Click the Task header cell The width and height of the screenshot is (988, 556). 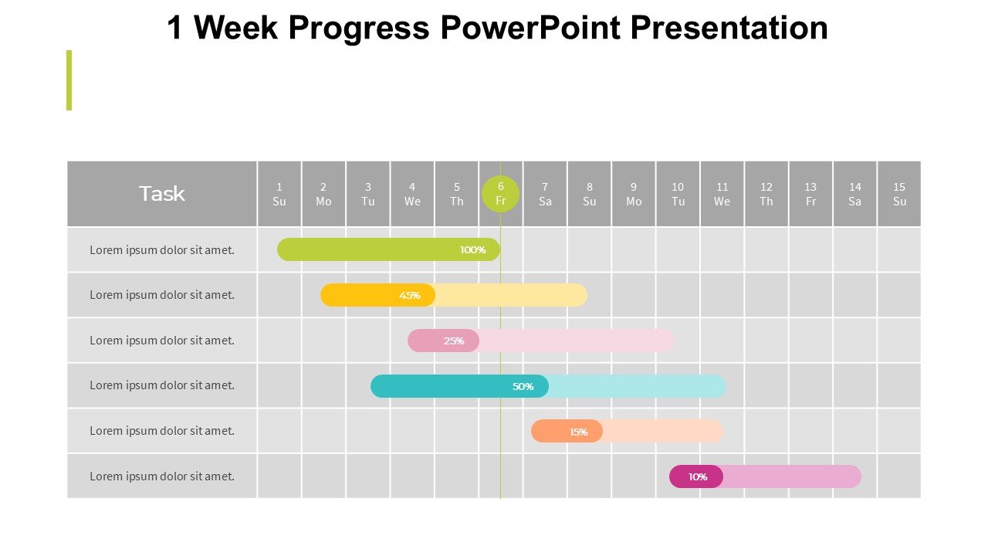click(162, 194)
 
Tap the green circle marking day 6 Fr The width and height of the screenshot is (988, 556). click(500, 194)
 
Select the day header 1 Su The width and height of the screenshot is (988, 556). click(279, 194)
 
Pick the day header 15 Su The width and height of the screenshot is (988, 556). click(899, 194)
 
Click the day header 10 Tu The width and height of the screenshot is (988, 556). click(678, 194)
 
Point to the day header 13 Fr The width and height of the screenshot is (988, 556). click(810, 194)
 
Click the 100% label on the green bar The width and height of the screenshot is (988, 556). click(472, 249)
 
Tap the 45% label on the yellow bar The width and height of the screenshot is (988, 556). click(409, 295)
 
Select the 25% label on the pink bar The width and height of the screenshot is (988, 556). click(453, 341)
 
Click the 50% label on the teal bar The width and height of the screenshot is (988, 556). click(523, 387)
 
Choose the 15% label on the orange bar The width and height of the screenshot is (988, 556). click(578, 432)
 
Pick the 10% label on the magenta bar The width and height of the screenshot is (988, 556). click(697, 477)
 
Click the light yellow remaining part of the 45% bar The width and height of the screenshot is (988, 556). click(512, 295)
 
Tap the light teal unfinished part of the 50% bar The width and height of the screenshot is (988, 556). click(638, 387)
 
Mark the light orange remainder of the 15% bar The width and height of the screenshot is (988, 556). click(662, 431)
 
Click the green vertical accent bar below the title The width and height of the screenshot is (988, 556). click(69, 80)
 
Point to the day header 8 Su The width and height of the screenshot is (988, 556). click(589, 194)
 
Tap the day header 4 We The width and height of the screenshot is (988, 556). click(412, 194)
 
